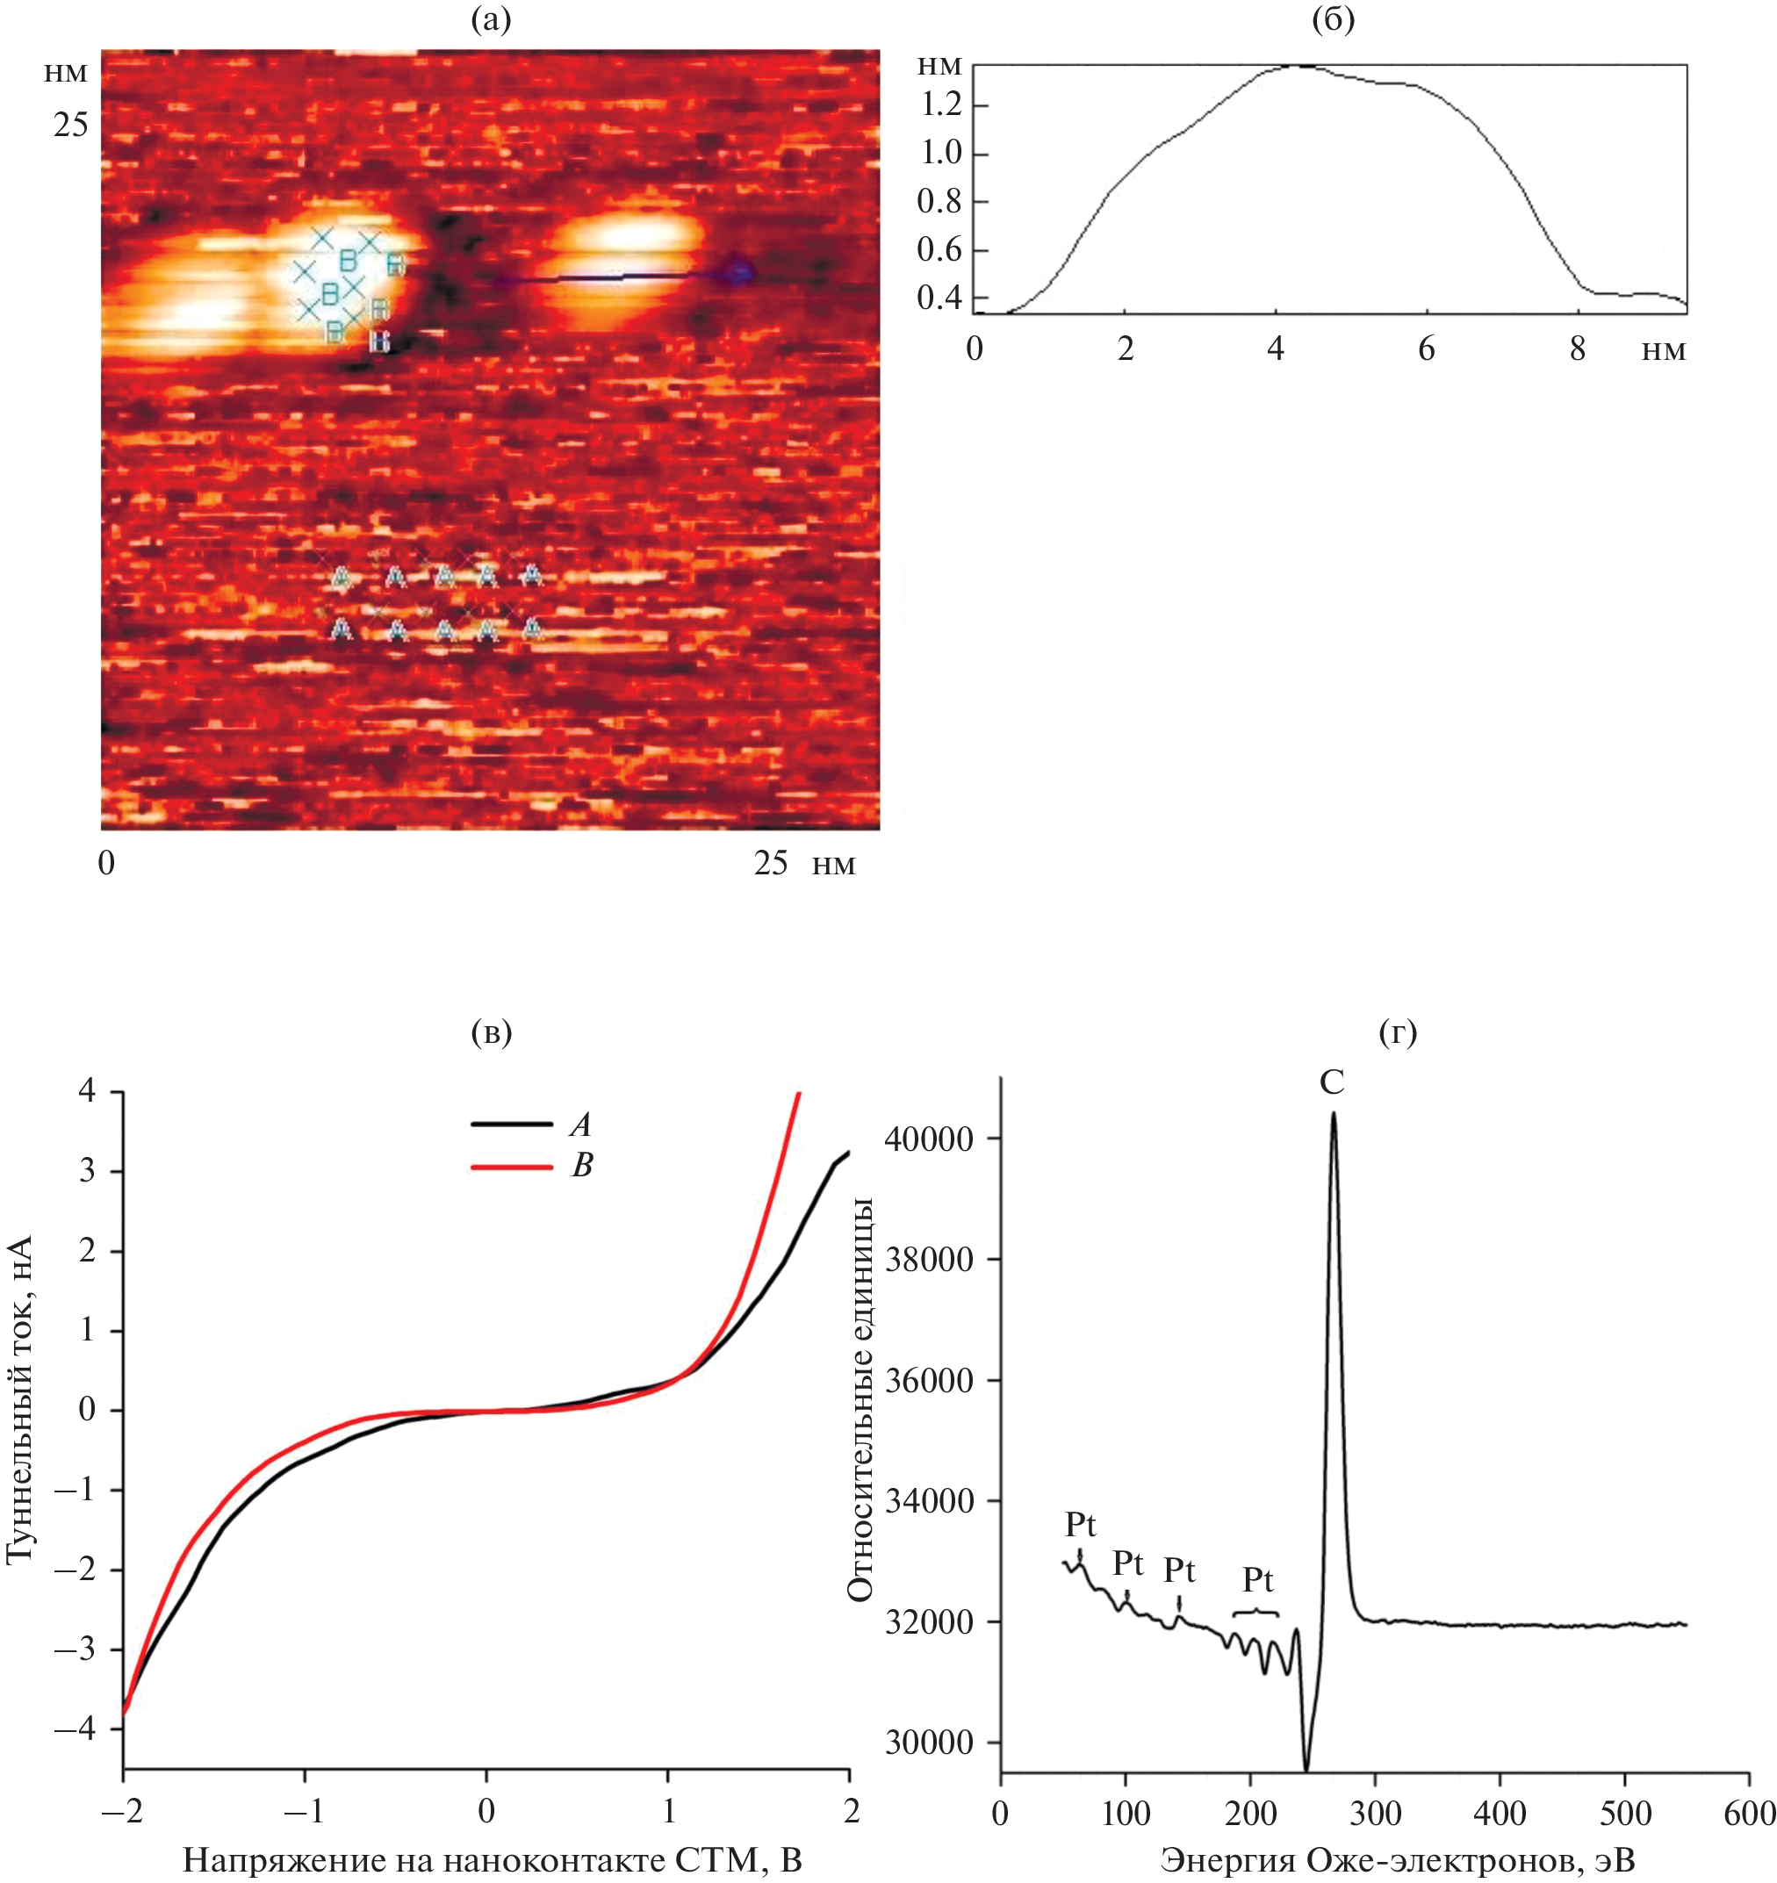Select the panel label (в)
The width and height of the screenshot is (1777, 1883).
(491, 1032)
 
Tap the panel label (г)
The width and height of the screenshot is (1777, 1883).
(1398, 1032)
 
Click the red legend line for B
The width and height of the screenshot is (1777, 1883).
(512, 1166)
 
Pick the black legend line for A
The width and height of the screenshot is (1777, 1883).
(512, 1125)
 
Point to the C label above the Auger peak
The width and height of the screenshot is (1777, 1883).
(1332, 1082)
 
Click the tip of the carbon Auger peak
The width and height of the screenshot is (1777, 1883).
(1333, 1114)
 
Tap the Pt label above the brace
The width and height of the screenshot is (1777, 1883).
(1257, 1579)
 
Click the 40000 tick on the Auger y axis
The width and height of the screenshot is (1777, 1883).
(928, 1139)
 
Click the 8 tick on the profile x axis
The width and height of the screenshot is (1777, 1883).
(1577, 349)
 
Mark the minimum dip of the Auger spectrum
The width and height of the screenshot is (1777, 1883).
(1306, 1770)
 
